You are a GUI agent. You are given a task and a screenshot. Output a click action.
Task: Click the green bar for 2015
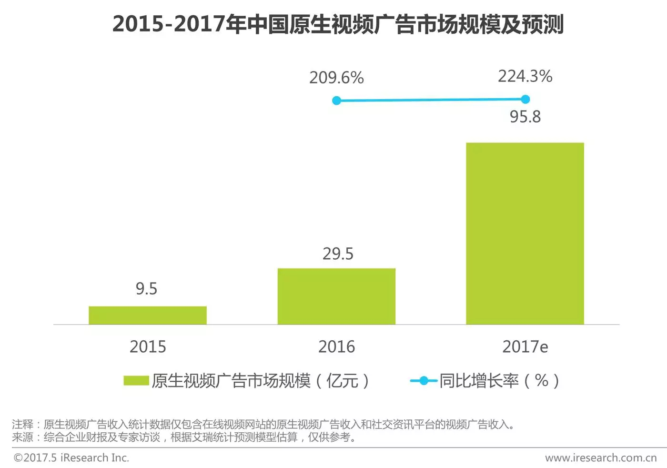[148, 315]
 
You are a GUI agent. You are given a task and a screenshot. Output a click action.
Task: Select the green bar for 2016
[336, 296]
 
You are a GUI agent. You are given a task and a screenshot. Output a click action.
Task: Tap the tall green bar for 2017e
[525, 234]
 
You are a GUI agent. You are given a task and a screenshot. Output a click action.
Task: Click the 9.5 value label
[146, 289]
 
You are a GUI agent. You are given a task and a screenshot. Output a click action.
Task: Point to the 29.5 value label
[338, 254]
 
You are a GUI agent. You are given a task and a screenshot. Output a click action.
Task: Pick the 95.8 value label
[525, 117]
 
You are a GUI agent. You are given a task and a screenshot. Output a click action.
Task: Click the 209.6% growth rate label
[336, 78]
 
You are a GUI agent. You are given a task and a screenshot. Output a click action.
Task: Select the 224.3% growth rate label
[525, 76]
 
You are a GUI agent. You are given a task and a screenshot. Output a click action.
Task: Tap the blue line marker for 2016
[336, 101]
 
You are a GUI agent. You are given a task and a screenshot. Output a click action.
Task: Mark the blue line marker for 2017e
[525, 99]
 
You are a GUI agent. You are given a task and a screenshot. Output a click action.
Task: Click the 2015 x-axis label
[148, 346]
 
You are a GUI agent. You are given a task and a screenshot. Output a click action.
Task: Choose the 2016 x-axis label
[336, 346]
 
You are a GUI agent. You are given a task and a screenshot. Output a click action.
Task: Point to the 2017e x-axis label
[525, 346]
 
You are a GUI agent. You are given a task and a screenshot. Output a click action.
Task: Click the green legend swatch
[136, 380]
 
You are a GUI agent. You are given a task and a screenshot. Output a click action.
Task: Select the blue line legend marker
[423, 380]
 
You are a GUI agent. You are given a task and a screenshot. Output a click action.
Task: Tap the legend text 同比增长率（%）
[499, 380]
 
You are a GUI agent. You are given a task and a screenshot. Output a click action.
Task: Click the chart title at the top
[338, 24]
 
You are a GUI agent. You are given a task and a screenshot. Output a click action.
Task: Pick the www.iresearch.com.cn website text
[601, 458]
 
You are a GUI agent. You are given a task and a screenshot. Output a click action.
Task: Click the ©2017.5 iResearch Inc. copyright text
[71, 458]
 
